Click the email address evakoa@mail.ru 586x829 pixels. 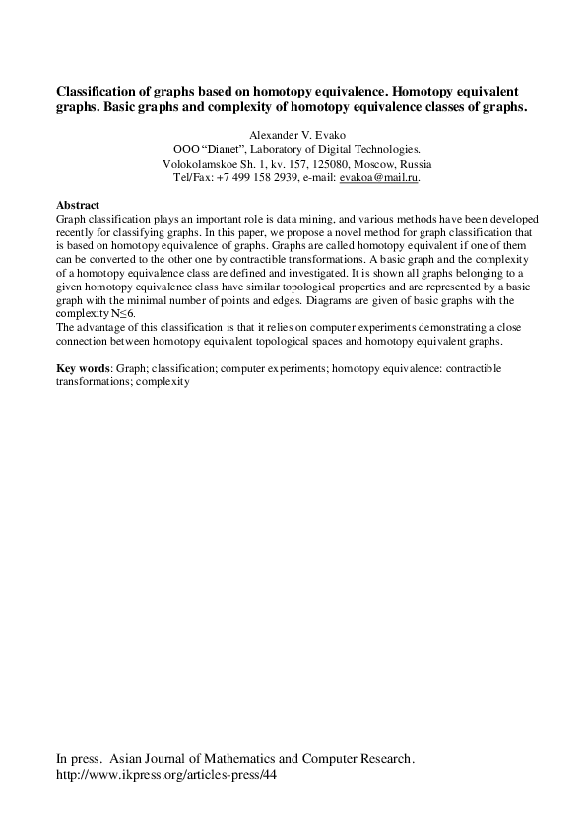point(379,178)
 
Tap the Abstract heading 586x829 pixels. point(79,204)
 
